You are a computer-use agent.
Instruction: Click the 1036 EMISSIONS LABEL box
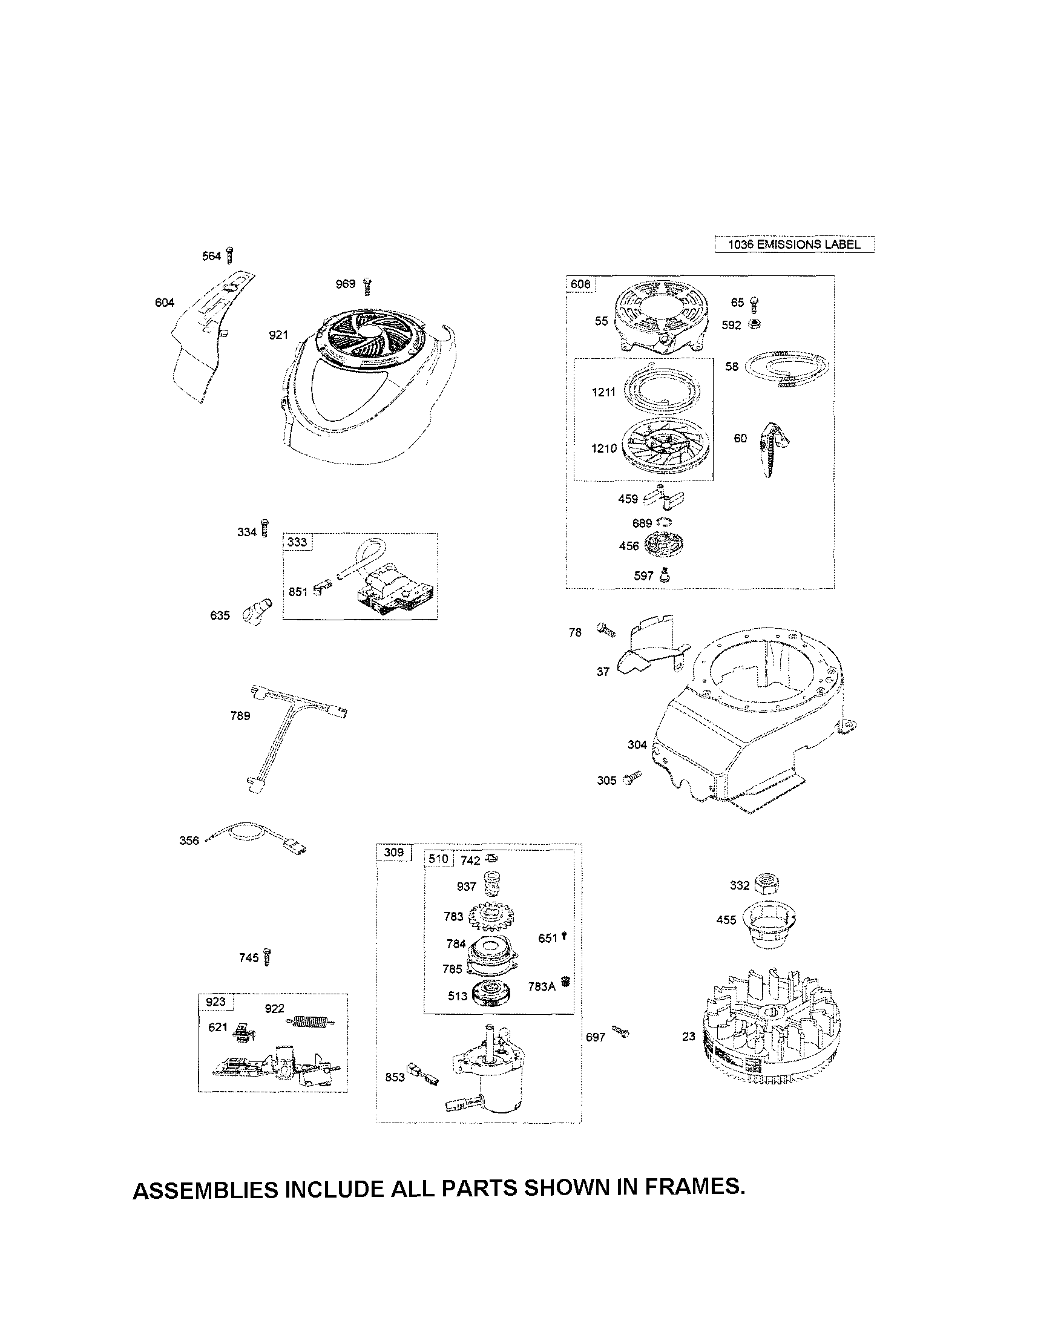click(793, 244)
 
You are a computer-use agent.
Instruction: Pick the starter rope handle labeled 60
click(772, 448)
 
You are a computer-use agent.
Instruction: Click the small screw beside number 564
click(230, 254)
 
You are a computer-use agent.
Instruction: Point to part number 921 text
click(278, 335)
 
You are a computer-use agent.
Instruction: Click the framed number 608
click(580, 284)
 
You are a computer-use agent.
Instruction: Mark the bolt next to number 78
click(605, 630)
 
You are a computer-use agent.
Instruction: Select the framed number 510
click(439, 858)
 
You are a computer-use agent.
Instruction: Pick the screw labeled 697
click(620, 1032)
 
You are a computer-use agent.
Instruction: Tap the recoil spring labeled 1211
click(661, 390)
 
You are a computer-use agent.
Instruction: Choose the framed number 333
click(297, 542)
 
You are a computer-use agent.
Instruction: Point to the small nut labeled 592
click(755, 324)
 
